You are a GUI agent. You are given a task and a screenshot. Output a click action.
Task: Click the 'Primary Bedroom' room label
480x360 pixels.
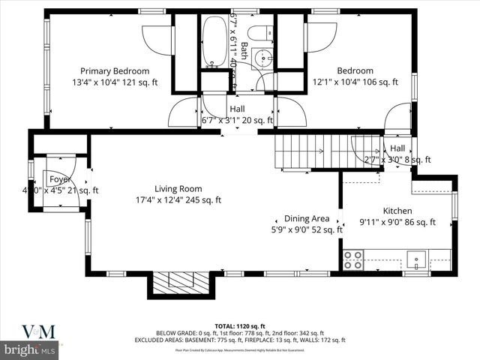click(x=115, y=70)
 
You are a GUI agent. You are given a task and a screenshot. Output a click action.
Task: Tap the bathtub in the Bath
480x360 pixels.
click(x=215, y=41)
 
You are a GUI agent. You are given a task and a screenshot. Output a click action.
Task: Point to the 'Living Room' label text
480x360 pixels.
click(x=178, y=188)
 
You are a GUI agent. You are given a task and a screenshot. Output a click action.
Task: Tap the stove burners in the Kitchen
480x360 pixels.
click(x=353, y=260)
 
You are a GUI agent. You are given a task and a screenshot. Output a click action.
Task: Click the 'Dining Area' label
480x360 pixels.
click(x=307, y=218)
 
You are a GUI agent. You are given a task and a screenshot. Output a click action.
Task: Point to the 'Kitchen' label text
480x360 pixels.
click(x=397, y=211)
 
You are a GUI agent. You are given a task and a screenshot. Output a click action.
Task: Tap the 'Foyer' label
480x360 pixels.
click(x=60, y=180)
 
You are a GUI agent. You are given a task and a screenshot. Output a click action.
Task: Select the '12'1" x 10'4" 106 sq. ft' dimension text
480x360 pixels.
click(x=355, y=82)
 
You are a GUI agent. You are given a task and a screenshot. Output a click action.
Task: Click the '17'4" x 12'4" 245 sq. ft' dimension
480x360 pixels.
click(x=178, y=200)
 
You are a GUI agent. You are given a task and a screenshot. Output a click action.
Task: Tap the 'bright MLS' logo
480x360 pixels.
click(x=30, y=350)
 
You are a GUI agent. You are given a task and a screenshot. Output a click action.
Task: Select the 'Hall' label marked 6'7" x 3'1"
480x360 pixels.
click(x=237, y=109)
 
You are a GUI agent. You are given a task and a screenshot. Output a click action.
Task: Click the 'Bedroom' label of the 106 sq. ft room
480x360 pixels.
click(x=355, y=70)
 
